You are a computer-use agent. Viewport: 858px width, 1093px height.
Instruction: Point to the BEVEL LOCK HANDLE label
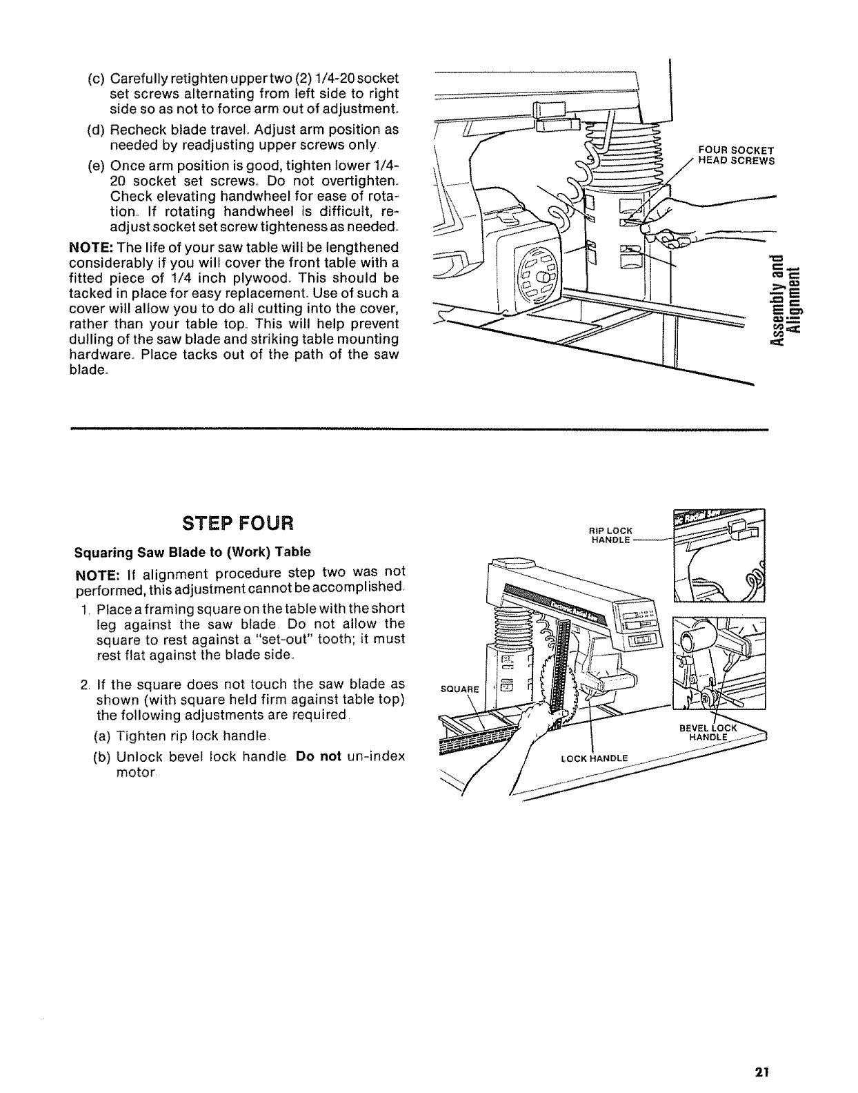708,732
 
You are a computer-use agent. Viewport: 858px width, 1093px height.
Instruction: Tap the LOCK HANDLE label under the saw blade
595,758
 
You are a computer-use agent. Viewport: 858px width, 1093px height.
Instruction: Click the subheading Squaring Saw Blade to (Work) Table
192,552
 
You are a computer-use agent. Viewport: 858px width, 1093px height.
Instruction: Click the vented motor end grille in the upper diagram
539,277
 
